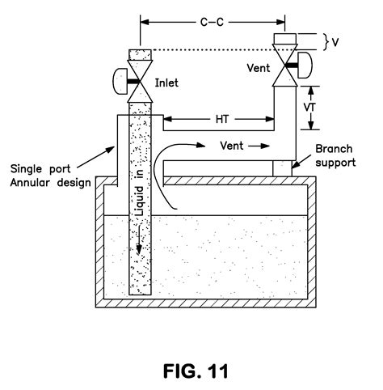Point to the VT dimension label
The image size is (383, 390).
pyautogui.click(x=319, y=105)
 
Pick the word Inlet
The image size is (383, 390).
pyautogui.click(x=168, y=82)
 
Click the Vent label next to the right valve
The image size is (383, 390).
pyautogui.click(x=259, y=69)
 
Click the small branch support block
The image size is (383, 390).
pyautogui.click(x=282, y=167)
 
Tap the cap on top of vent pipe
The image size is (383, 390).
pyautogui.click(x=286, y=38)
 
